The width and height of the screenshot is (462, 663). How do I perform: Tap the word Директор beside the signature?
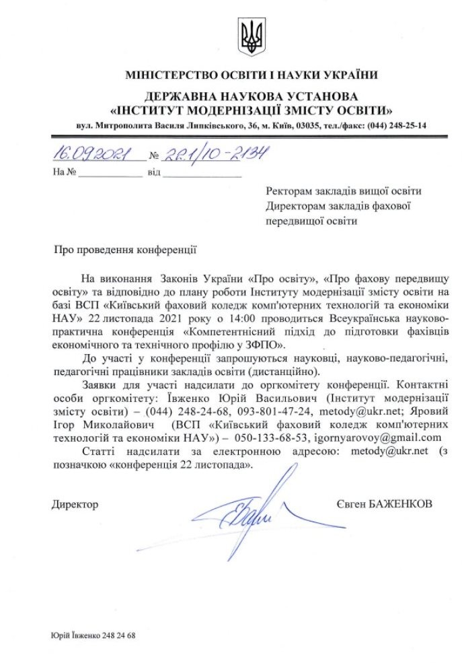click(75, 503)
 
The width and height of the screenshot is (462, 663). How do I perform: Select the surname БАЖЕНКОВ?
click(401, 503)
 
